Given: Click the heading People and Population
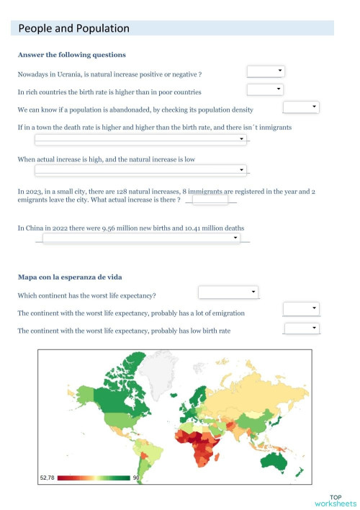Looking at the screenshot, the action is [73, 29].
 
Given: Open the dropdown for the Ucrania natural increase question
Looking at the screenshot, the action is [266, 71].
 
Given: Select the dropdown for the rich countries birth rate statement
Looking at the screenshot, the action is [265, 89].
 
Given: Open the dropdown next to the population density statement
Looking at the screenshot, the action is [301, 107].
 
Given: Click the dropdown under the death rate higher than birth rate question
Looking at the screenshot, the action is [141, 140].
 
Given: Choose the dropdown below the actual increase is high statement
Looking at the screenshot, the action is [141, 170].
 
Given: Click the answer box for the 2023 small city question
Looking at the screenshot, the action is [210, 199].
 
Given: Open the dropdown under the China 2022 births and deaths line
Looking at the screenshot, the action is [141, 238].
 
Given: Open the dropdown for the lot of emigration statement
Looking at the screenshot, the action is [301, 308].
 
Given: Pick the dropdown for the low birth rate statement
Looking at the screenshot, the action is [301, 328].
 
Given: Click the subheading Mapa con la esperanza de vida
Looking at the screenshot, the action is [63, 277].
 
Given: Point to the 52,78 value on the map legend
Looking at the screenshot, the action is [47, 478].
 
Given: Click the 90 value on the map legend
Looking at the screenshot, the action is [136, 478].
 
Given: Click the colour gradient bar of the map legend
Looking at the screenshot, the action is [94, 478].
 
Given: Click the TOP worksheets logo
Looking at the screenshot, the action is [335, 500].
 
